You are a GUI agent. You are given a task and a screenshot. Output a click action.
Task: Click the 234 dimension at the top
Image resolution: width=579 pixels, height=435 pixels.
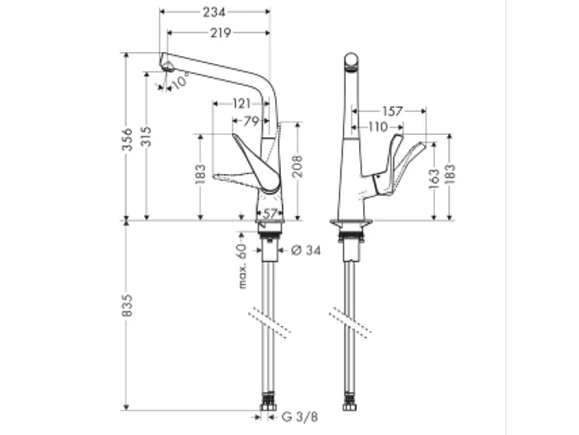[214, 12]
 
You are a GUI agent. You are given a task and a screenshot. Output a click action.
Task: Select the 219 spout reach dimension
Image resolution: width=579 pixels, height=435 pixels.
[219, 33]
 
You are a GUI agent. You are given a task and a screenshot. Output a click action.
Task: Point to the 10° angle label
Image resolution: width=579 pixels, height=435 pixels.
[181, 80]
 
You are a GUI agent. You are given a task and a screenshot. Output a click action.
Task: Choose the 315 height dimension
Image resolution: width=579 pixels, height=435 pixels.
[147, 138]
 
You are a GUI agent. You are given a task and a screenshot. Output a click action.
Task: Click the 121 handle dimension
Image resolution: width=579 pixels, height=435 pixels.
[241, 104]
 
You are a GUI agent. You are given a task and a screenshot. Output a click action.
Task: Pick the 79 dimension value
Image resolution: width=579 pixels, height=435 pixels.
[250, 121]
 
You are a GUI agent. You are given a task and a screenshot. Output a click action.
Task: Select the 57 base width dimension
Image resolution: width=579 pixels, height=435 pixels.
[269, 213]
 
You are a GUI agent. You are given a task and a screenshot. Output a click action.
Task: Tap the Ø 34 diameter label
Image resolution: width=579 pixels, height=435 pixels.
[306, 250]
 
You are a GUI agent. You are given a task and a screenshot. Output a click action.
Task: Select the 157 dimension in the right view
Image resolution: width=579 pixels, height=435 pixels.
[392, 112]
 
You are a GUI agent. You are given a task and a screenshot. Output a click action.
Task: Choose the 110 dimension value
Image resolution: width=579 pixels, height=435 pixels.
[378, 127]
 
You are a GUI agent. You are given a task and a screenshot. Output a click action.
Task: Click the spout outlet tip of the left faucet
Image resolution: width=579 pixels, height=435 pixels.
[167, 67]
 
